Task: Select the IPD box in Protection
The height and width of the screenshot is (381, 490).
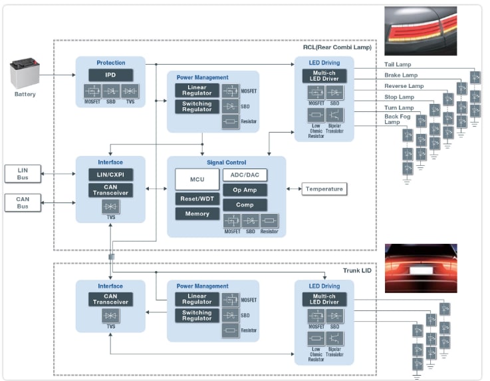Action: tap(110, 75)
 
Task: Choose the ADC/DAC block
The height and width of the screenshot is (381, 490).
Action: tap(245, 175)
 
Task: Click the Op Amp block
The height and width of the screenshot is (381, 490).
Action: tap(245, 190)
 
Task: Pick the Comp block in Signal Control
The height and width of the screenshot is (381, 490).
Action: tap(245, 205)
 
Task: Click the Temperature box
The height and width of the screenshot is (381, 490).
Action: tap(324, 189)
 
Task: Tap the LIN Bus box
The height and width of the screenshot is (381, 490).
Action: tap(23, 173)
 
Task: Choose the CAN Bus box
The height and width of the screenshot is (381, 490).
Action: tap(23, 202)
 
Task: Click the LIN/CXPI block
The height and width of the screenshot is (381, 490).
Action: tap(110, 175)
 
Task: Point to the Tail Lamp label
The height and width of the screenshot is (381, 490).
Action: tap(399, 64)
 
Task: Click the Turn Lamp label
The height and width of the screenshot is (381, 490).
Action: tap(399, 108)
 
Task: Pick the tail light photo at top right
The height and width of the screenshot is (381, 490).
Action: tap(420, 31)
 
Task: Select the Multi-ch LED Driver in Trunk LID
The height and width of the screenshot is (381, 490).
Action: tap(324, 299)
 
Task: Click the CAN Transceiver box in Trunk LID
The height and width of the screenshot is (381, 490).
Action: tap(110, 299)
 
